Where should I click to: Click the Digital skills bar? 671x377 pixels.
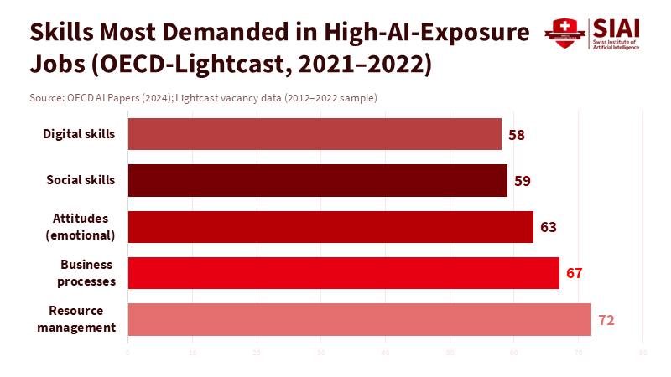(315, 134)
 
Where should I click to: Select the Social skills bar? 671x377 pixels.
(318, 180)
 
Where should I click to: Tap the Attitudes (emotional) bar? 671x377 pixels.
(330, 226)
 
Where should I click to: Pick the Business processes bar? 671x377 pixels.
(344, 273)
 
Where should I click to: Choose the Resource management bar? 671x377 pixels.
(360, 319)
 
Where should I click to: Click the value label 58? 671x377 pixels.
(517, 134)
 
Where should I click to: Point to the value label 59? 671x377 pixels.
(523, 180)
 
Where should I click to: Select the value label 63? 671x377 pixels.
(549, 226)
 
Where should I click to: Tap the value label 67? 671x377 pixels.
(574, 273)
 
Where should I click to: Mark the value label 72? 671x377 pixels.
(606, 319)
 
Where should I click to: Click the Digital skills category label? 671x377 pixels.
(79, 133)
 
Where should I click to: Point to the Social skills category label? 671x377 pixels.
(81, 179)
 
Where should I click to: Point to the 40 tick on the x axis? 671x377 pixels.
(385, 352)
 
